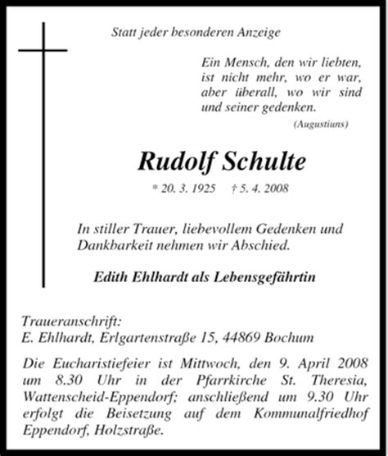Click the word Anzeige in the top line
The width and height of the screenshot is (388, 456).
click(255, 34)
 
